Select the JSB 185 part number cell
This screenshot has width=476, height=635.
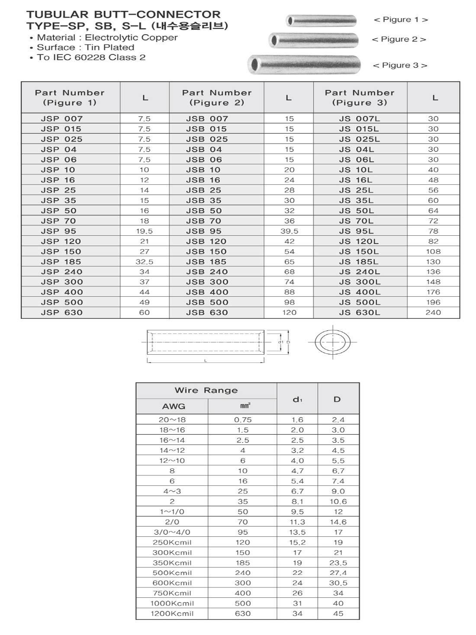(206, 262)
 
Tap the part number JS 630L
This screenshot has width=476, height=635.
(359, 312)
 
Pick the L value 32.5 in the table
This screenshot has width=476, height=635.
(145, 262)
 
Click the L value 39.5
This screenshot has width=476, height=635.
(289, 231)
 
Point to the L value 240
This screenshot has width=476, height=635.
(433, 312)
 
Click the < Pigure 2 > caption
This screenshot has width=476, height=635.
(399, 39)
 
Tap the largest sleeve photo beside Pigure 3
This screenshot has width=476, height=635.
(304, 65)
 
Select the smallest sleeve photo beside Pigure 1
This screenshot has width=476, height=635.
(321, 20)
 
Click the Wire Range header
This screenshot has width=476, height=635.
(206, 390)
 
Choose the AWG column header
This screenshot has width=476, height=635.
(174, 406)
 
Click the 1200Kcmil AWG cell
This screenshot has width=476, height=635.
(172, 613)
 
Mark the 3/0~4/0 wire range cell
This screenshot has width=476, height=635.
(172, 532)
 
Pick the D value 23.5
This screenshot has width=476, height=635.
(338, 563)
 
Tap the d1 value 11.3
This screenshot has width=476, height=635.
(297, 522)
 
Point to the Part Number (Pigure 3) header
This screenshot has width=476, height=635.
(360, 98)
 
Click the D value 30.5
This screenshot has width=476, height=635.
(338, 583)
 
